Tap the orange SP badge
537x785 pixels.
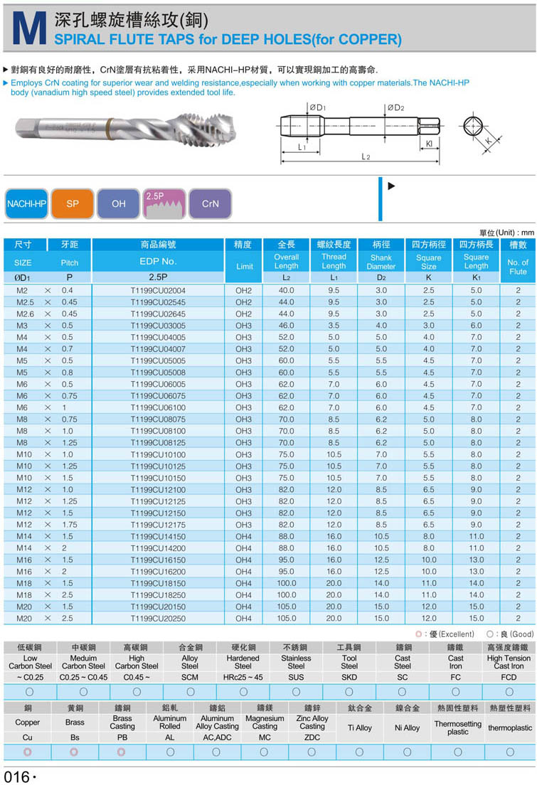(x=73, y=203)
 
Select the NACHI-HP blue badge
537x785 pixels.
(x=26, y=203)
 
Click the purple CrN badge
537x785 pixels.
(x=210, y=203)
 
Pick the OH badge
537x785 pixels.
(x=118, y=203)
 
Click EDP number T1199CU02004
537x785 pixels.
(x=158, y=290)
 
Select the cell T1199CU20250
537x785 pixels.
(x=158, y=619)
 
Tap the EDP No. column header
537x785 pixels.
(x=158, y=261)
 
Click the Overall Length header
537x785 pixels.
(x=286, y=261)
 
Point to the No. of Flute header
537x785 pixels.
(x=518, y=267)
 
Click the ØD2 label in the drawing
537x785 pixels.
(x=395, y=108)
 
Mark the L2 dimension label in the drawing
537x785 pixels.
(x=366, y=156)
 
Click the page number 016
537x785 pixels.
(x=17, y=776)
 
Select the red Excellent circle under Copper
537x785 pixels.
(x=28, y=752)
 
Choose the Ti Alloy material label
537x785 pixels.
(x=359, y=728)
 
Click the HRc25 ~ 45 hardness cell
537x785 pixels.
(x=243, y=677)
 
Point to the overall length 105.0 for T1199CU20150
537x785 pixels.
(x=286, y=607)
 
